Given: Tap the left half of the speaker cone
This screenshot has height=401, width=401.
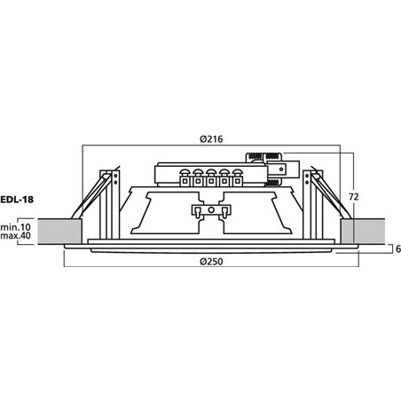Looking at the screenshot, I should click(x=160, y=213).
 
